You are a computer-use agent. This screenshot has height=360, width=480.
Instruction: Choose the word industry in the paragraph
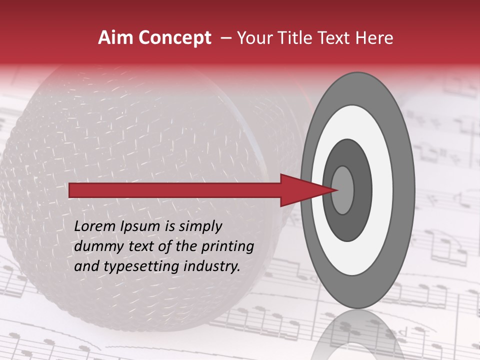210,266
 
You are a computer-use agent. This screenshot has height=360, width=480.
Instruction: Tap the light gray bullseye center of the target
343,190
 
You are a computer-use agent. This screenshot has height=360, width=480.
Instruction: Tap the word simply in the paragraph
199,226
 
